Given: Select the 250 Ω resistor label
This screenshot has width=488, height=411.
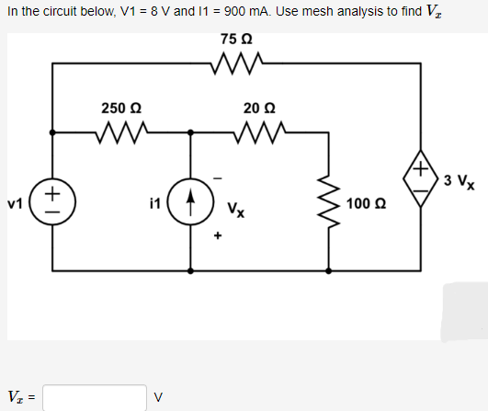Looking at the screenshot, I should [120, 107].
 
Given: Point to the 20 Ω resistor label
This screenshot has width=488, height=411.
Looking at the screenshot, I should [259, 107].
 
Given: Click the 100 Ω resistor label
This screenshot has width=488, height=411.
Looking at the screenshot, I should [366, 201].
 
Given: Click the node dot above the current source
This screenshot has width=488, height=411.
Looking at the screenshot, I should [190, 132].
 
